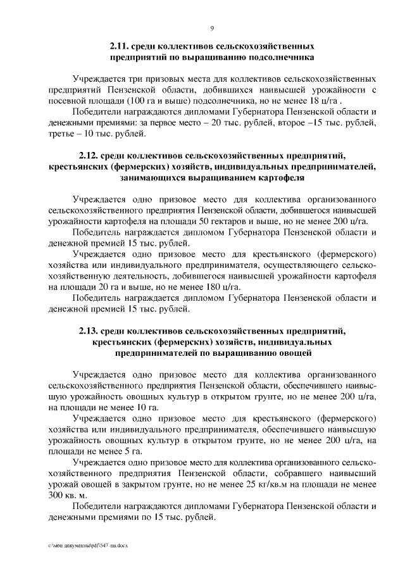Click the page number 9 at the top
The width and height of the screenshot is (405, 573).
(x=211, y=27)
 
